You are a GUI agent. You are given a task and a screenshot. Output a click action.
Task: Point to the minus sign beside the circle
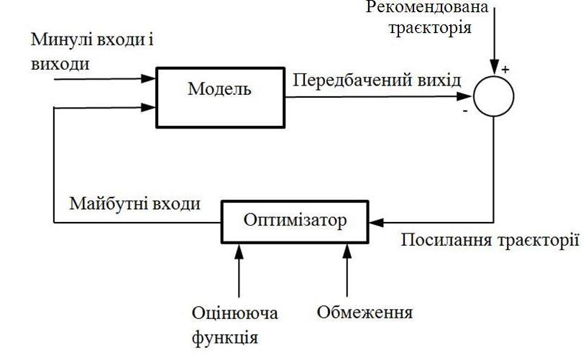(465, 111)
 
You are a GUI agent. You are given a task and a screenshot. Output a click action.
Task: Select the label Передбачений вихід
(377, 80)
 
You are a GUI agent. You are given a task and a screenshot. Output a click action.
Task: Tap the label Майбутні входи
(134, 203)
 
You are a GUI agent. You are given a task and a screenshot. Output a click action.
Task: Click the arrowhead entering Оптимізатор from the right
(375, 221)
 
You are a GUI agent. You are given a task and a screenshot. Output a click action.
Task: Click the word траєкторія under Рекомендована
(429, 29)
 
